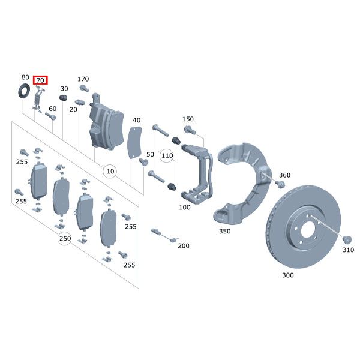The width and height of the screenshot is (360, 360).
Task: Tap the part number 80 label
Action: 25,77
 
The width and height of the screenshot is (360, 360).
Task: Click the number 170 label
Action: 83,79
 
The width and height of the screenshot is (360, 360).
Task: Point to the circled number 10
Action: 110,172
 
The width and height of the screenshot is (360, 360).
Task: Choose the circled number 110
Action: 167,156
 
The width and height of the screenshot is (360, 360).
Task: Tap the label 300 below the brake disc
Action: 289,276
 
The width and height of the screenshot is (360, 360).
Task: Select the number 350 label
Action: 224,230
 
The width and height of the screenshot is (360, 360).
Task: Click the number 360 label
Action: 284,175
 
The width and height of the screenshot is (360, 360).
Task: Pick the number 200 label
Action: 184,245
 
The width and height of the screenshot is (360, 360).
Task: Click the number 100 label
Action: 185,207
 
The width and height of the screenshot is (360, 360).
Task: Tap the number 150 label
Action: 188,119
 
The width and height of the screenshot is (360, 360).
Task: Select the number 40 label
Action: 136,120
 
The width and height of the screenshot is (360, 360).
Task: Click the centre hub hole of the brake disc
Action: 307,228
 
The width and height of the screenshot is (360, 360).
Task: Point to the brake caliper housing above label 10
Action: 106,123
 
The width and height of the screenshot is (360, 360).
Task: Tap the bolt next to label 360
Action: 280,185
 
